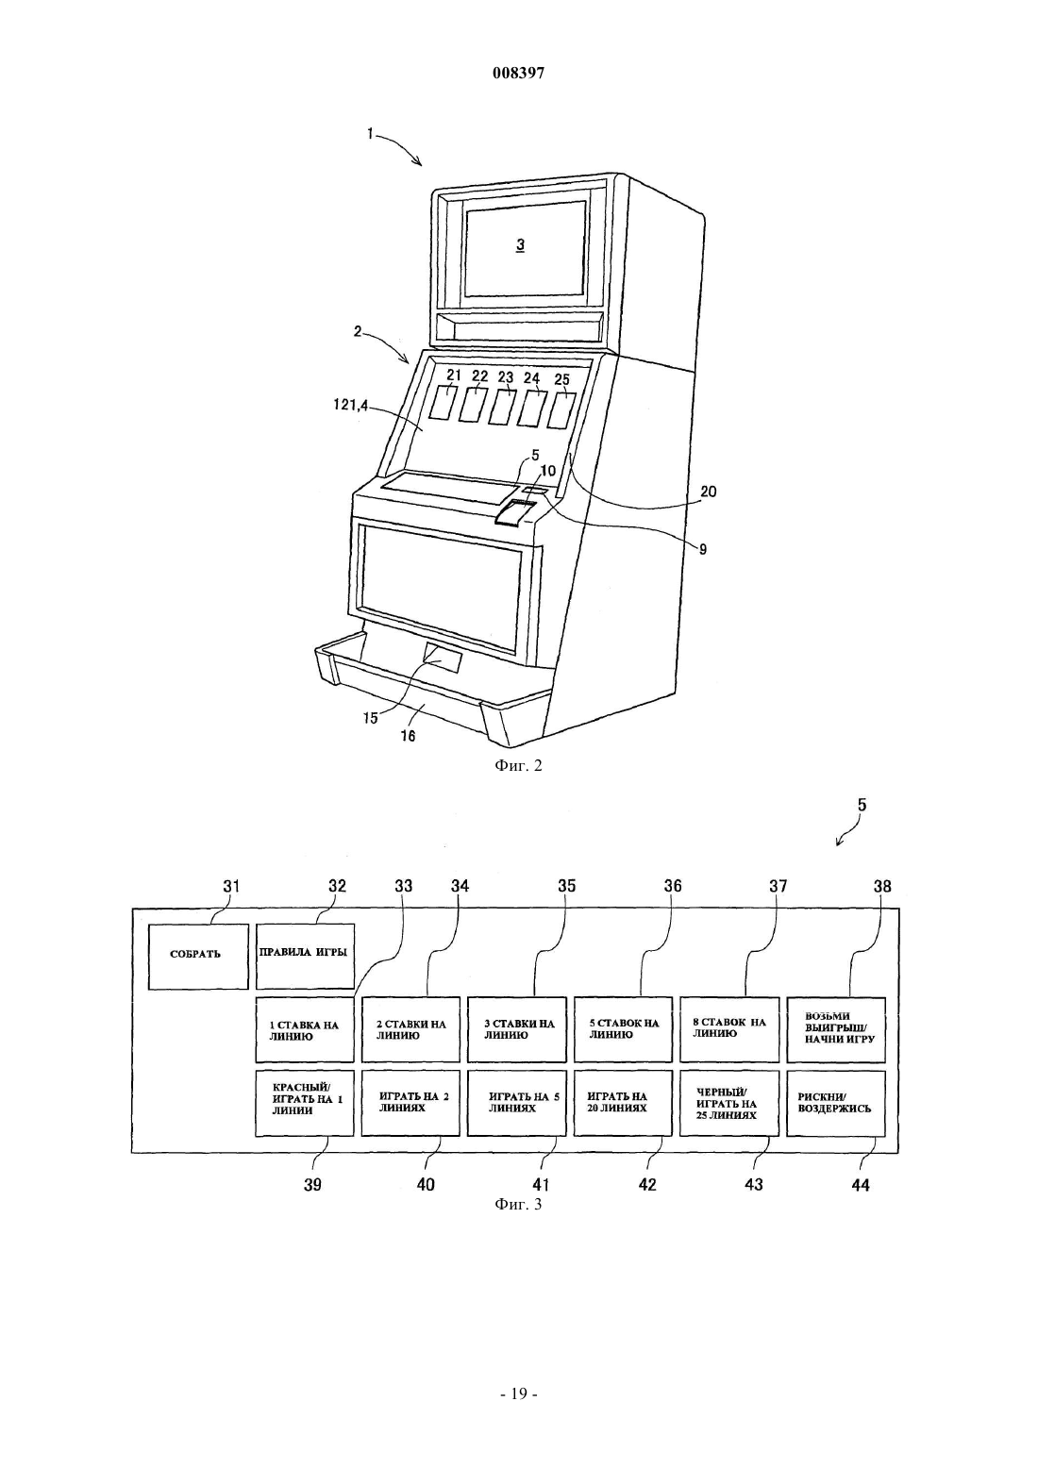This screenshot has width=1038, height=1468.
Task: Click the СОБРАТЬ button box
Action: (198, 956)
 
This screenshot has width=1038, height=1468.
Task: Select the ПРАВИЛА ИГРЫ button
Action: (305, 956)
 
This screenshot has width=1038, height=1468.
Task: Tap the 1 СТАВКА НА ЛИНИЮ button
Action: (305, 1029)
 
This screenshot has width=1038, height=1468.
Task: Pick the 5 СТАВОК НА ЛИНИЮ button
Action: (623, 1029)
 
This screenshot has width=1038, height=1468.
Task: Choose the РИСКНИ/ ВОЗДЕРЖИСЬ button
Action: (835, 1103)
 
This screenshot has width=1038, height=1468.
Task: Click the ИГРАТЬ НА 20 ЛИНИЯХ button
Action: (623, 1103)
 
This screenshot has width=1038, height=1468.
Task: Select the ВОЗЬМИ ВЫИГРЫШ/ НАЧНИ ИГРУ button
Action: (835, 1029)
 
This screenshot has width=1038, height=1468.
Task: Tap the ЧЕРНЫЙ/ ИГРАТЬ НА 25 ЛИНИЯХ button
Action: (729, 1103)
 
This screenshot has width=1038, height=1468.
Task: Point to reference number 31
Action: (231, 886)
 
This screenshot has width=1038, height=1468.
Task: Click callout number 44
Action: (861, 1185)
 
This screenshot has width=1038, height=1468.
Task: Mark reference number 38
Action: (882, 886)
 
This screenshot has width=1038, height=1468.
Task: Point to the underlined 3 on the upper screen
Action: (520, 245)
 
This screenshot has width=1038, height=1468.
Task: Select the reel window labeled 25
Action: (561, 410)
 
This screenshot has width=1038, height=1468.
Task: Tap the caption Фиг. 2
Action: (518, 765)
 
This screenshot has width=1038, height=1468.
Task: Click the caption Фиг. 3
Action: (518, 1204)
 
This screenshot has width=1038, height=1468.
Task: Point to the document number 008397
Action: (518, 74)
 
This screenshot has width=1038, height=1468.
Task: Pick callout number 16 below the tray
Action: (408, 736)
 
